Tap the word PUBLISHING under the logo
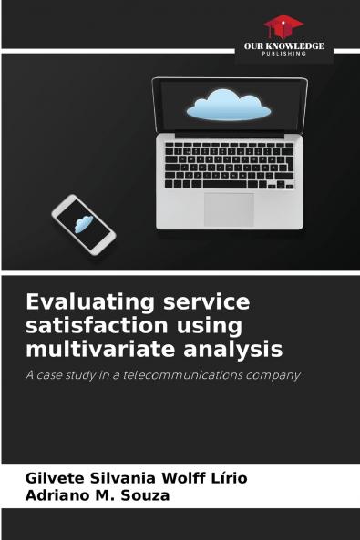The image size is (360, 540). pos(283,54)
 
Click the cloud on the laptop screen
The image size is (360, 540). pos(229,105)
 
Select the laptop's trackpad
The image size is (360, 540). pos(229,209)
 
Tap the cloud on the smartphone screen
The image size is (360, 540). pos(84,223)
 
